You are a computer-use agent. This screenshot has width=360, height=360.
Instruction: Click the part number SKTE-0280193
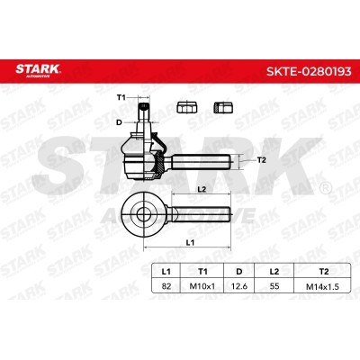(309, 71)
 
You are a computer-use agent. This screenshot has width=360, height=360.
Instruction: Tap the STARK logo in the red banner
(38, 70)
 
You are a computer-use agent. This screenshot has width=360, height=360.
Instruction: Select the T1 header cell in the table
(202, 272)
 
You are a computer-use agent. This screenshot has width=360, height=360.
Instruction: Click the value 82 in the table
(166, 286)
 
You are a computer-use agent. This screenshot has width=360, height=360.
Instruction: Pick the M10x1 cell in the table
(202, 286)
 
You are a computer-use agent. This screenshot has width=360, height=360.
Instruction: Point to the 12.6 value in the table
(239, 286)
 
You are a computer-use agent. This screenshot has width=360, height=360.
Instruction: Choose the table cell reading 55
(274, 286)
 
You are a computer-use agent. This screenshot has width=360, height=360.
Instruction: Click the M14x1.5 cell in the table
(322, 286)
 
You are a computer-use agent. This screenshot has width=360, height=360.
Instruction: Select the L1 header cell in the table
(166, 272)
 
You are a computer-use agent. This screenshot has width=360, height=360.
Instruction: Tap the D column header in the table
(239, 272)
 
